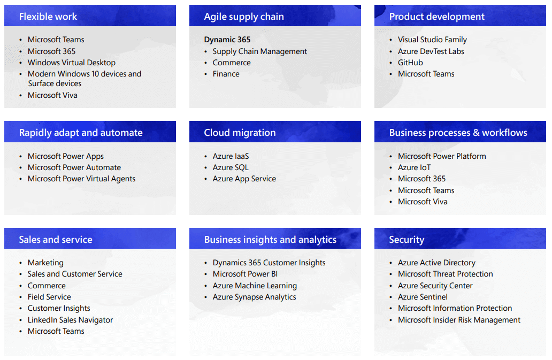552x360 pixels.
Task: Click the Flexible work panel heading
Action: click(48, 17)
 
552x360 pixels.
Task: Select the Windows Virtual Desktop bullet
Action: click(71, 63)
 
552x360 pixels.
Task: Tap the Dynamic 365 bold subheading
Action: click(227, 40)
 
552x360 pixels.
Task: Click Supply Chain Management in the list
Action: click(259, 51)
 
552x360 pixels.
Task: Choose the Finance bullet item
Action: click(226, 74)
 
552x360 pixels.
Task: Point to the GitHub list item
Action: click(410, 63)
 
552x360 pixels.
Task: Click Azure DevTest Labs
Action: click(431, 51)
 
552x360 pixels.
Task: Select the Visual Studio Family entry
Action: click(432, 40)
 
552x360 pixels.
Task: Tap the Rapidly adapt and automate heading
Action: click(81, 133)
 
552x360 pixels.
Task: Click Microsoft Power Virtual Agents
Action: click(81, 179)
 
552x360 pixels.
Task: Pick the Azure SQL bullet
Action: click(231, 167)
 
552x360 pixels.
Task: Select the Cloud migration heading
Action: click(240, 133)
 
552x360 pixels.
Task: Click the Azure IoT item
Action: click(414, 167)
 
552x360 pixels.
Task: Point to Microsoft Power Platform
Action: click(442, 156)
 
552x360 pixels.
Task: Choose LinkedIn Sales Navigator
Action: click(70, 320)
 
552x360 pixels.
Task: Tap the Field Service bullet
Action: click(49, 297)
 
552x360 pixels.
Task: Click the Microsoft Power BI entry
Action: click(245, 274)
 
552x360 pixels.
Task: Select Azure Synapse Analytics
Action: click(254, 297)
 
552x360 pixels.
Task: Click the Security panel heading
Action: click(407, 240)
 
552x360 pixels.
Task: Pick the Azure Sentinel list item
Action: click(423, 297)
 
